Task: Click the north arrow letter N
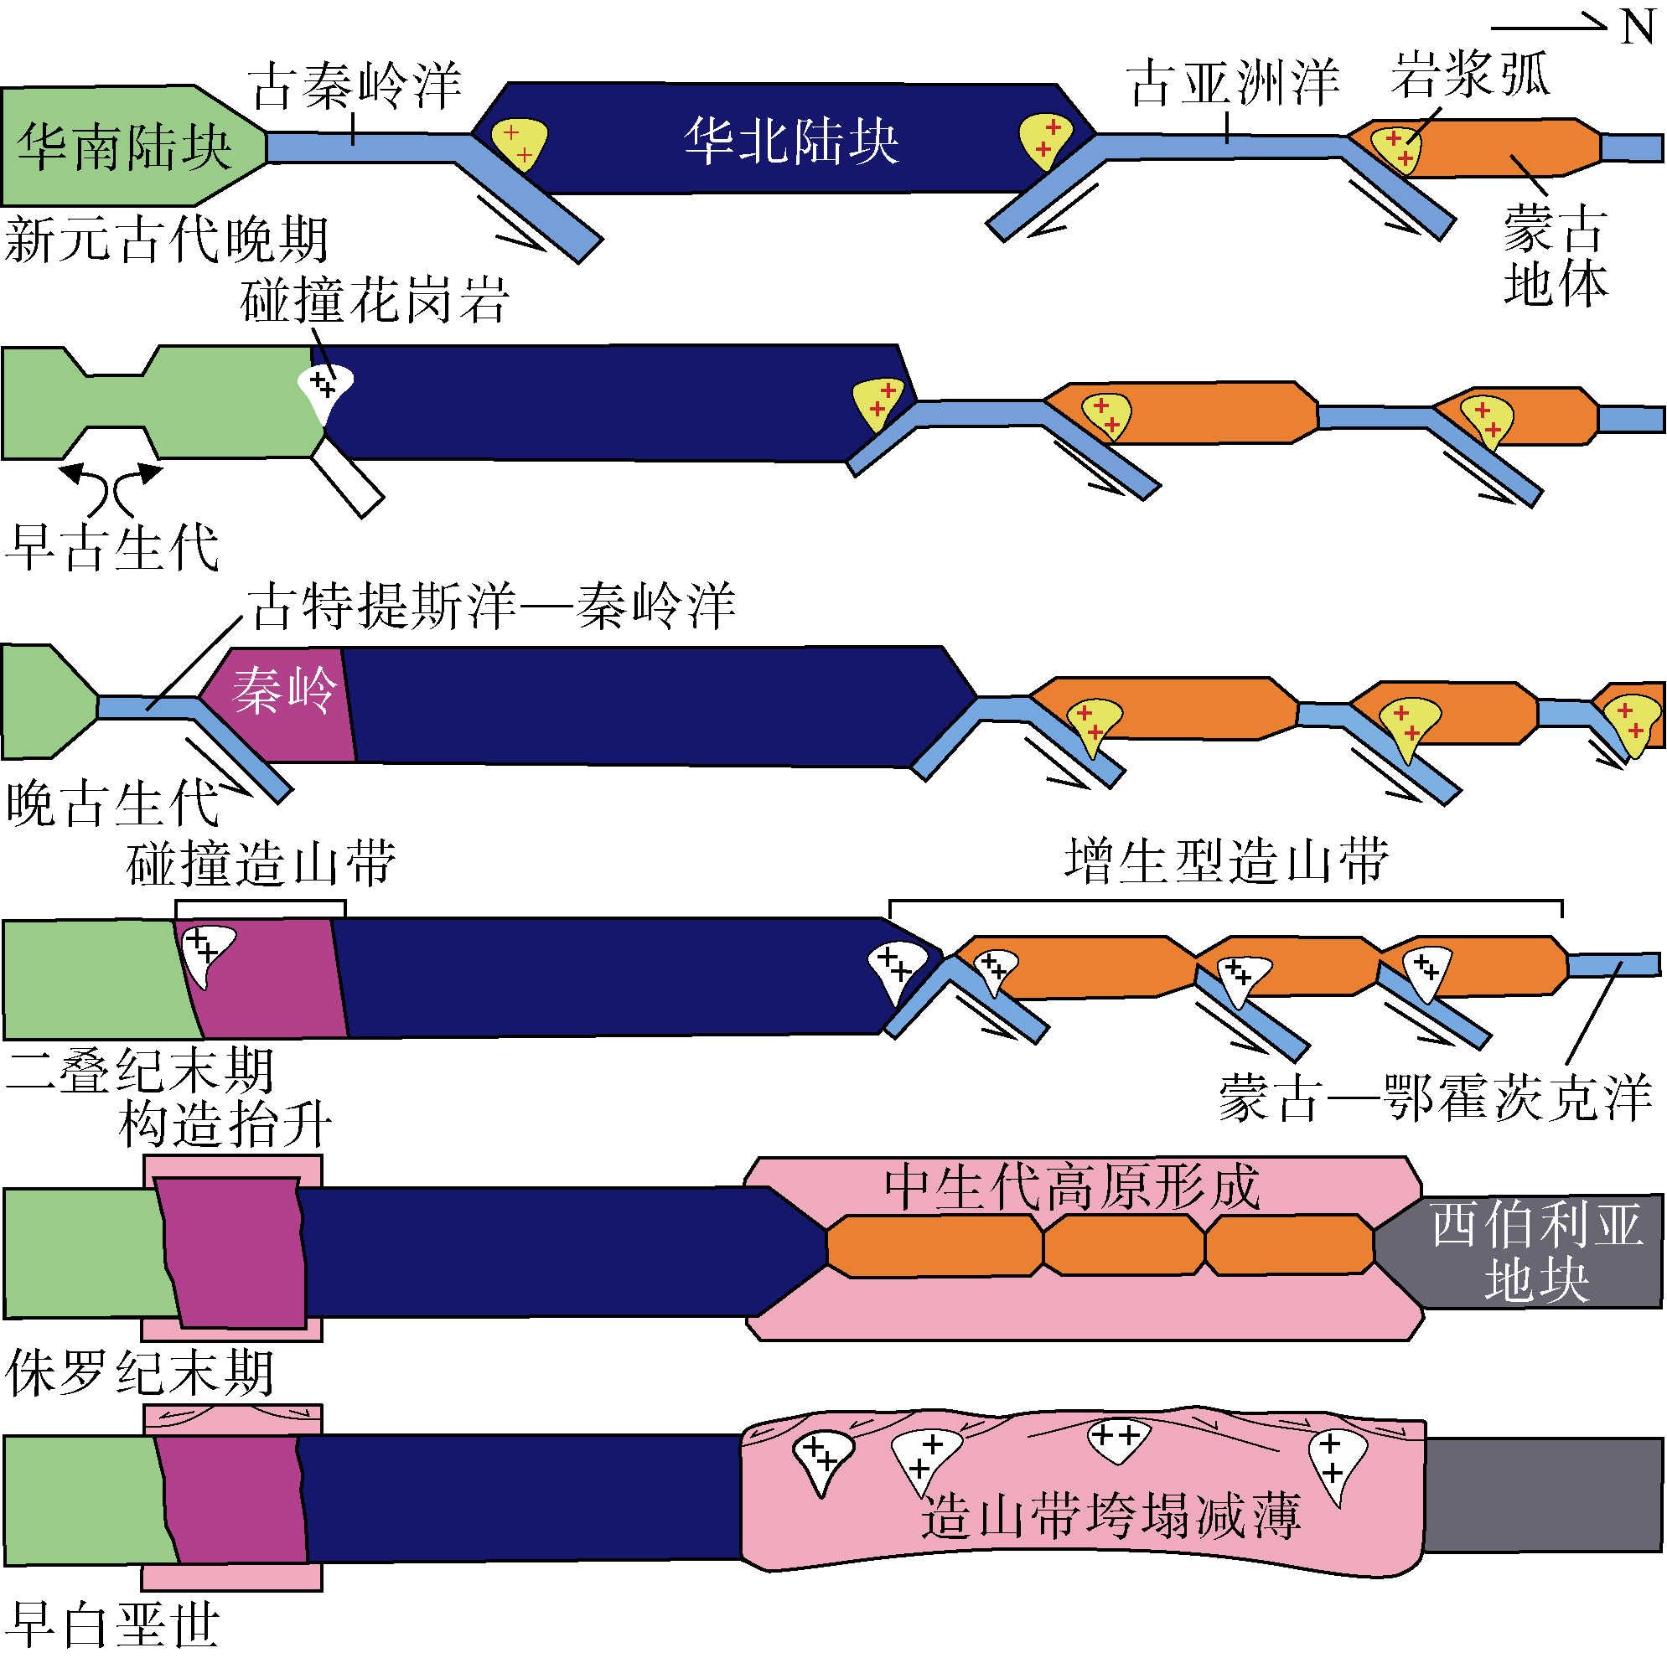click(1636, 28)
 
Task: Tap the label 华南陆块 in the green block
click(125, 146)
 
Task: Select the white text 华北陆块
click(792, 141)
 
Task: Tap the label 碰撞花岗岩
click(375, 299)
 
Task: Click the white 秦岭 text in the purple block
click(285, 690)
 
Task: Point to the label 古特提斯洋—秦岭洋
click(492, 605)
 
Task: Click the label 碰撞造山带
click(261, 862)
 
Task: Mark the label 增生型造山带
click(1226, 860)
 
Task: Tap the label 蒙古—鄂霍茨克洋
click(1435, 1098)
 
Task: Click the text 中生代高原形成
click(1072, 1187)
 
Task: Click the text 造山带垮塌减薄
click(1110, 1516)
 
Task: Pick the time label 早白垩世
click(112, 1625)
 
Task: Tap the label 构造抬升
click(225, 1124)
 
